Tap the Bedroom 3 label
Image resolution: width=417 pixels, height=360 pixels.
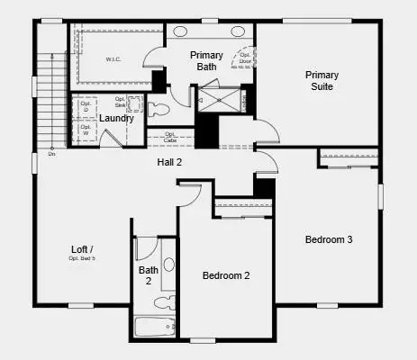328,239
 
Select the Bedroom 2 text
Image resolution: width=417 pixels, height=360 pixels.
225,275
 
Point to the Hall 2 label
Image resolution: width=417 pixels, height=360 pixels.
170,163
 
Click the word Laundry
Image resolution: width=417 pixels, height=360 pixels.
116,118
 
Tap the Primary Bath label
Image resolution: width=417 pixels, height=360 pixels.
206,61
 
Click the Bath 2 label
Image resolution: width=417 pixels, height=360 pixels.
149,274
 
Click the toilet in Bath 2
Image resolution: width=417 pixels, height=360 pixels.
168,302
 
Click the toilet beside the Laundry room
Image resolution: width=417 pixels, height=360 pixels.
160,110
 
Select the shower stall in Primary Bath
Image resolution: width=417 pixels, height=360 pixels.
221,98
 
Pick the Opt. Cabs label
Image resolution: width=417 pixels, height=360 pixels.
170,139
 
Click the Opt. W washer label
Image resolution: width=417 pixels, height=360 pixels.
86,130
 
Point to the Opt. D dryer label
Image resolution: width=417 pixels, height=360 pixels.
86,104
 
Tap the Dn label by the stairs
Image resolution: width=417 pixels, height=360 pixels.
52,152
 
